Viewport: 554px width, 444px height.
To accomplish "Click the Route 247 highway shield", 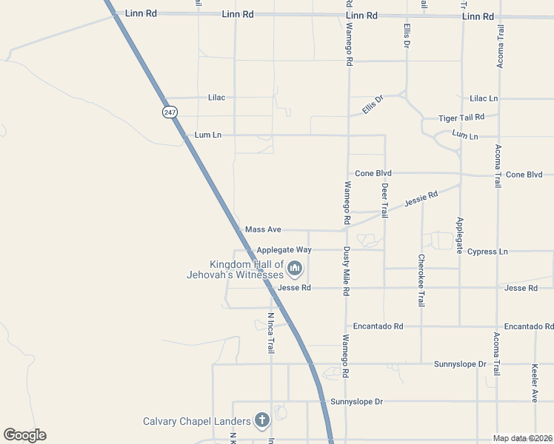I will tap(170, 112).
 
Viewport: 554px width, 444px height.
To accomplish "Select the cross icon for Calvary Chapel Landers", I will tap(261, 421).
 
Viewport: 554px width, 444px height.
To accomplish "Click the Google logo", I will tap(24, 435).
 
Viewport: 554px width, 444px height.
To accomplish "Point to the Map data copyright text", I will tap(522, 438).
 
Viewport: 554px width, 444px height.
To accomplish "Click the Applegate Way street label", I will tap(284, 250).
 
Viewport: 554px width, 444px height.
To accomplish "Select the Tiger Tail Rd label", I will tap(461, 118).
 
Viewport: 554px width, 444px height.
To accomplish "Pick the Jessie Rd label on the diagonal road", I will tap(421, 198).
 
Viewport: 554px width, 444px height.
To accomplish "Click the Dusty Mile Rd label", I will tap(346, 272).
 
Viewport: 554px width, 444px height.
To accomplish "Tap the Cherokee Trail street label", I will tap(421, 280).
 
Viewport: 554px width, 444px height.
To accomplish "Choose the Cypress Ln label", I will tap(487, 252).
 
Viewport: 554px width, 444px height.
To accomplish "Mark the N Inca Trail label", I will tap(271, 333).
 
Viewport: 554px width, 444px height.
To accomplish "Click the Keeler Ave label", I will tap(535, 383).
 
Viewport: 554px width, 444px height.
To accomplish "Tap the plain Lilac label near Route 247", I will tap(216, 97).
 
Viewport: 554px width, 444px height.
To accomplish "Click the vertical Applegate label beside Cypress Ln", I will tap(460, 236).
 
